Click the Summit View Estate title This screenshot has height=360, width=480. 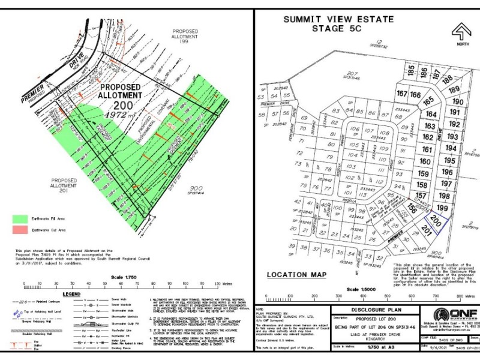coord(341,23)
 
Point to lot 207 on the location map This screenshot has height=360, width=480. coord(352,75)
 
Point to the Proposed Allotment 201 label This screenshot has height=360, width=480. coord(68,183)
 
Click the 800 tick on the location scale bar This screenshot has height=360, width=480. coord(461,296)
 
